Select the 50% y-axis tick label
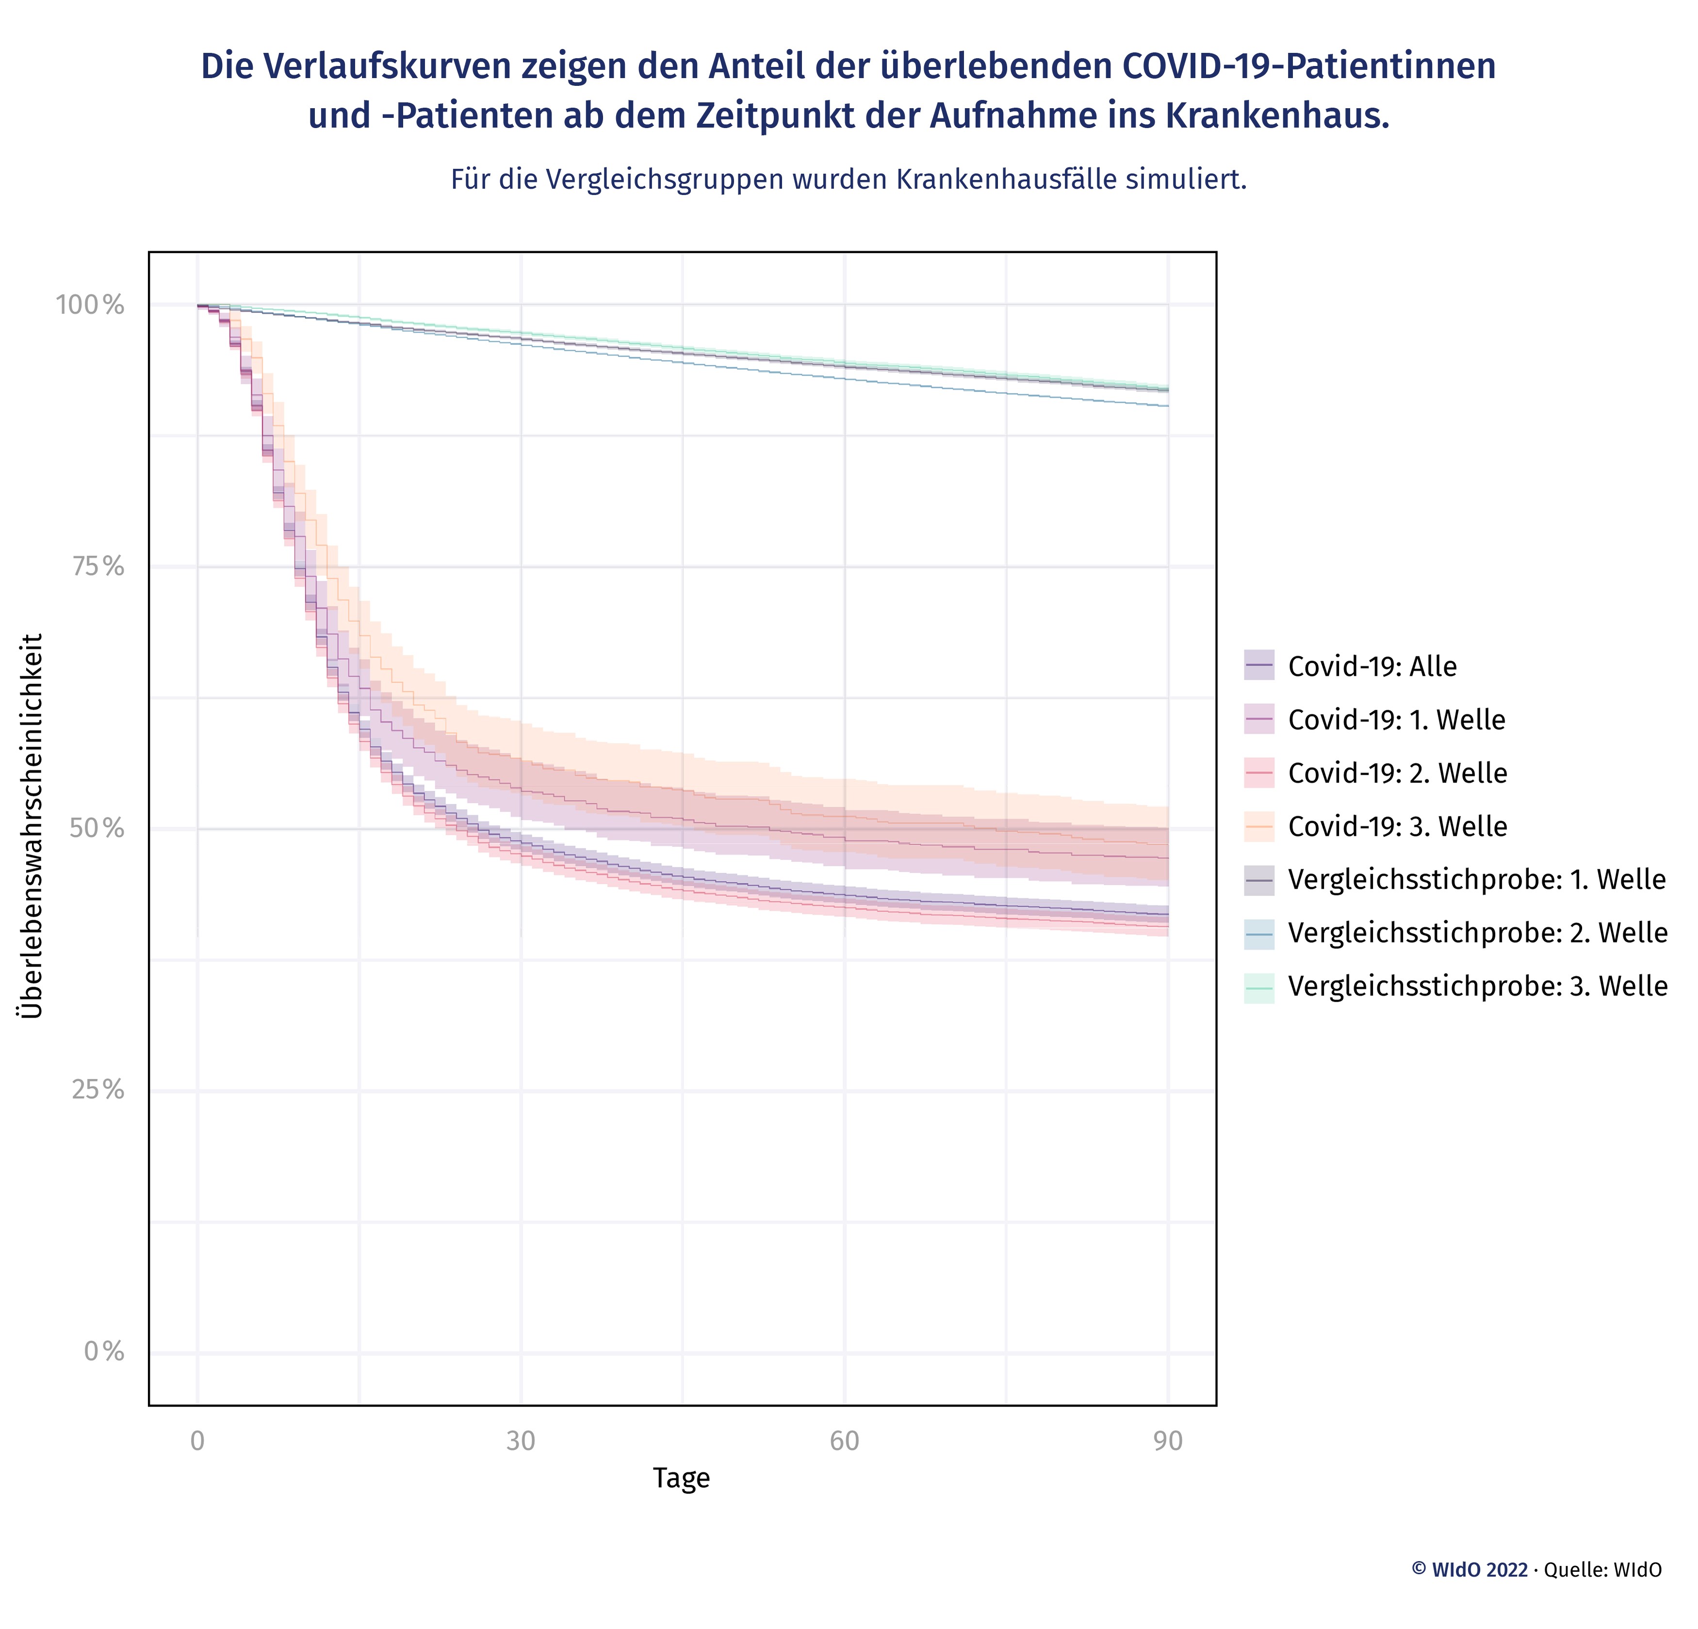tap(97, 829)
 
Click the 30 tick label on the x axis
tap(521, 1441)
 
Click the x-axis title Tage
tap(681, 1477)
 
